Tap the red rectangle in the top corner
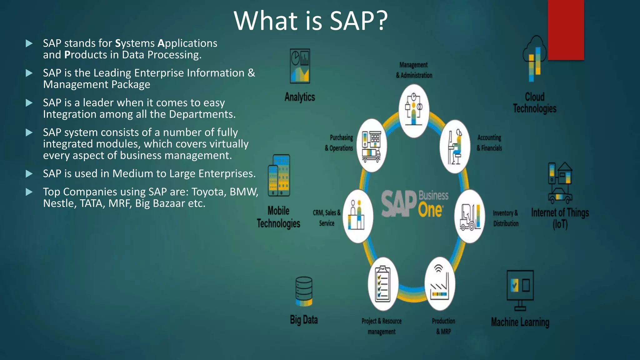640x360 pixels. pyautogui.click(x=566, y=30)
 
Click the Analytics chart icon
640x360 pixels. pyautogui.click(x=300, y=66)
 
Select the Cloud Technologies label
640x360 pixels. pyautogui.click(x=534, y=102)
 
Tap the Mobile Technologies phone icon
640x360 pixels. pyautogui.click(x=279, y=175)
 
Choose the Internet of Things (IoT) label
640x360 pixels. pyautogui.click(x=560, y=218)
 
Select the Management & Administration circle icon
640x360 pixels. pyautogui.click(x=414, y=110)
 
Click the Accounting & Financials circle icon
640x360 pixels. pyautogui.click(x=455, y=147)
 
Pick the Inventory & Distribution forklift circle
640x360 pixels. pyautogui.click(x=469, y=216)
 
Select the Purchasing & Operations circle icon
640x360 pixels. pyautogui.click(x=372, y=146)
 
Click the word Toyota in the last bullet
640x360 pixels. pyautogui.click(x=209, y=192)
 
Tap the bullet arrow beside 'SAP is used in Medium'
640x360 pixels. pyautogui.click(x=29, y=174)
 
